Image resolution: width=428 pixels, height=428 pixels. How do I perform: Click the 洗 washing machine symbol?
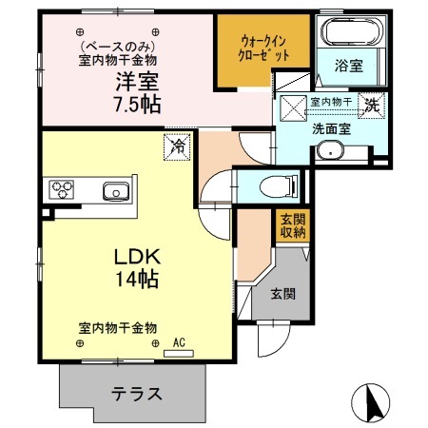pos(374,106)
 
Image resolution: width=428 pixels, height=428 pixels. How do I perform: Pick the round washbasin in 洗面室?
pos(331,149)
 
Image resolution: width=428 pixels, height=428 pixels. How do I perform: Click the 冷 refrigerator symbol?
pos(177,146)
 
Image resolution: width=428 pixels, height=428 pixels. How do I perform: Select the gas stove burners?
pos(65,189)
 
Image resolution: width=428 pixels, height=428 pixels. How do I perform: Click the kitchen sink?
pos(115,190)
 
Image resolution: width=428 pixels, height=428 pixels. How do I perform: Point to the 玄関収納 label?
pos(291,226)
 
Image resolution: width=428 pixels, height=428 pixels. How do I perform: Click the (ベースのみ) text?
pos(116,45)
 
